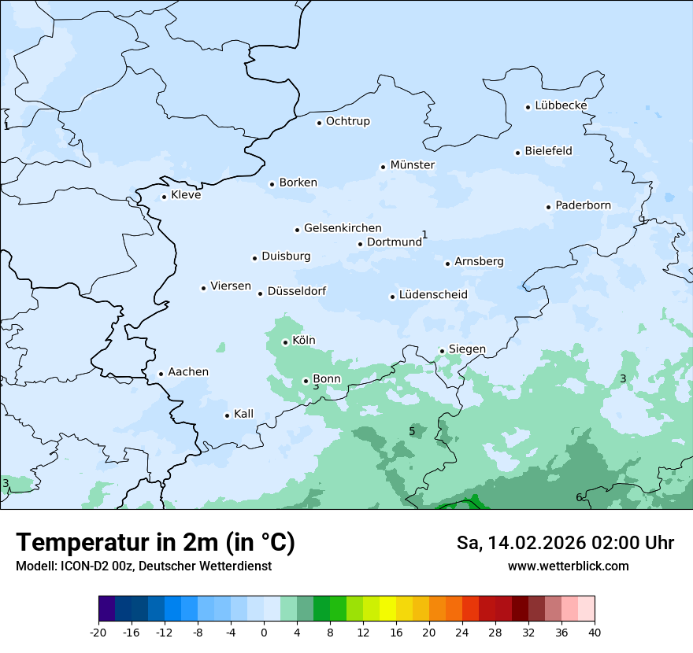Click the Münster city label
tap(413, 165)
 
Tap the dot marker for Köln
tap(286, 342)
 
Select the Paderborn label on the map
tap(583, 206)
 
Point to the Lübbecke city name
tap(561, 105)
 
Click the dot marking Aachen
tap(161, 374)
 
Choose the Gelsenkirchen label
tap(343, 228)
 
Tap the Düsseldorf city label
tap(297, 291)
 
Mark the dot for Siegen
tap(443, 351)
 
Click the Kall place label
tap(244, 414)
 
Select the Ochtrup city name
tap(348, 121)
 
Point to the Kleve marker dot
tap(165, 197)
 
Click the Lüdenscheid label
tap(433, 295)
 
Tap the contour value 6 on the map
tap(579, 497)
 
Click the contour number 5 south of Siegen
tap(412, 431)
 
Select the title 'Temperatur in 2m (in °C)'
tap(155, 542)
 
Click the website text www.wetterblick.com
tap(568, 566)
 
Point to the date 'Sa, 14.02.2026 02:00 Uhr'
tap(565, 543)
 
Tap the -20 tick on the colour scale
tap(98, 633)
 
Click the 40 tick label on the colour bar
tap(595, 633)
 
